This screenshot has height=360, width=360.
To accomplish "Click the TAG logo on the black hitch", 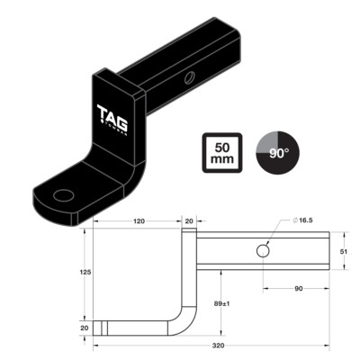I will pos(111,116).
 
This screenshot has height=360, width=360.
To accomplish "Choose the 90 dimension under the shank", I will pos(296,290).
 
